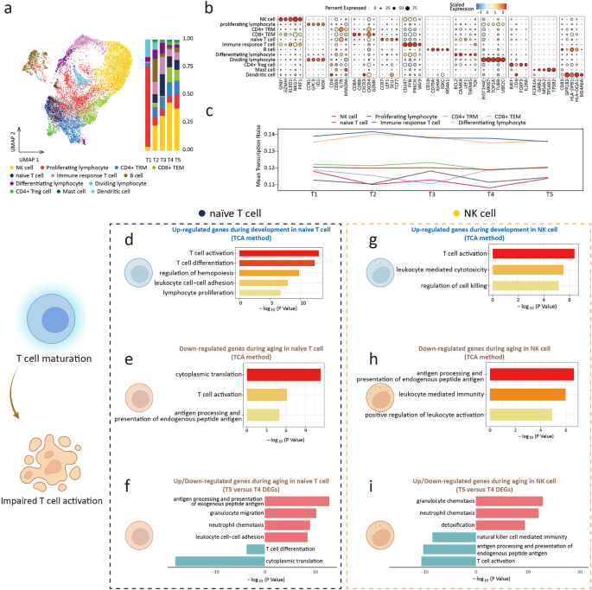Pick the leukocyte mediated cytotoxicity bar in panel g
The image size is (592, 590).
click(527, 270)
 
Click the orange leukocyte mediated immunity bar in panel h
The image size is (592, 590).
click(527, 395)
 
